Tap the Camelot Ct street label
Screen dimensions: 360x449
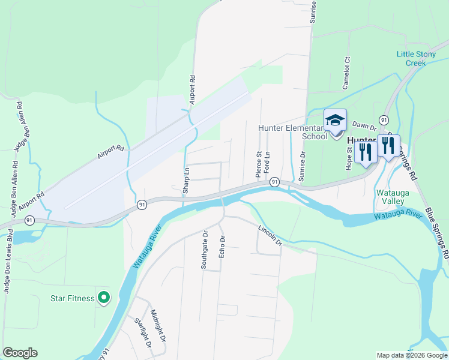pyautogui.click(x=346, y=73)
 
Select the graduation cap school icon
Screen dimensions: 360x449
pyautogui.click(x=335, y=120)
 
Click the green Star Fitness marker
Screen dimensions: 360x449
pyautogui.click(x=104, y=297)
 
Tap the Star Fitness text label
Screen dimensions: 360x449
pyautogui.click(x=72, y=298)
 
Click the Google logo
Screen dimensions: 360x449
pyautogui.click(x=20, y=353)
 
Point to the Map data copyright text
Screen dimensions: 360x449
pyautogui.click(x=412, y=355)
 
